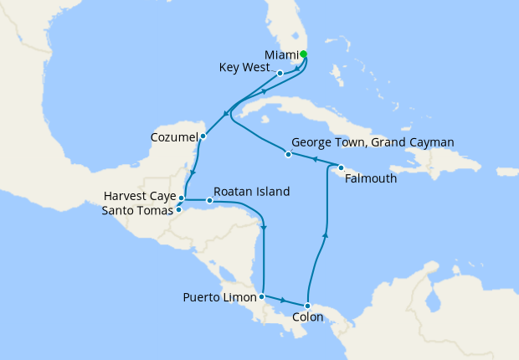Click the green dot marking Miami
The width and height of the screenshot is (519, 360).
303,54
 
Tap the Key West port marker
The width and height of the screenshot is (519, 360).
280,73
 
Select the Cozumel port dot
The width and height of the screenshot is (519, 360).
203,136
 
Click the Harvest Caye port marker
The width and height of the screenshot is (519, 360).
182,198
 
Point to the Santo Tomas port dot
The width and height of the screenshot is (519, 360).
178,209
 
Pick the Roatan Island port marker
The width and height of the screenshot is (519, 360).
209,201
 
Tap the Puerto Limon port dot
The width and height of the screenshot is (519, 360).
262,296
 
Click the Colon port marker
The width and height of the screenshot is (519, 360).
308,306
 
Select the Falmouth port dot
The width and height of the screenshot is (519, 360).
341,167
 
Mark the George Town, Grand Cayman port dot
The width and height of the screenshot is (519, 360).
288,154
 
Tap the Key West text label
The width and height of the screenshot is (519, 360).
242,67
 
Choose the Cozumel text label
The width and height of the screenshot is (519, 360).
174,136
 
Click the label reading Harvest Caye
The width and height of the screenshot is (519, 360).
138,196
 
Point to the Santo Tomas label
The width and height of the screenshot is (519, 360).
136,210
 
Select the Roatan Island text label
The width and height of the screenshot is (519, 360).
252,191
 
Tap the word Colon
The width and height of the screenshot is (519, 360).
308,319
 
